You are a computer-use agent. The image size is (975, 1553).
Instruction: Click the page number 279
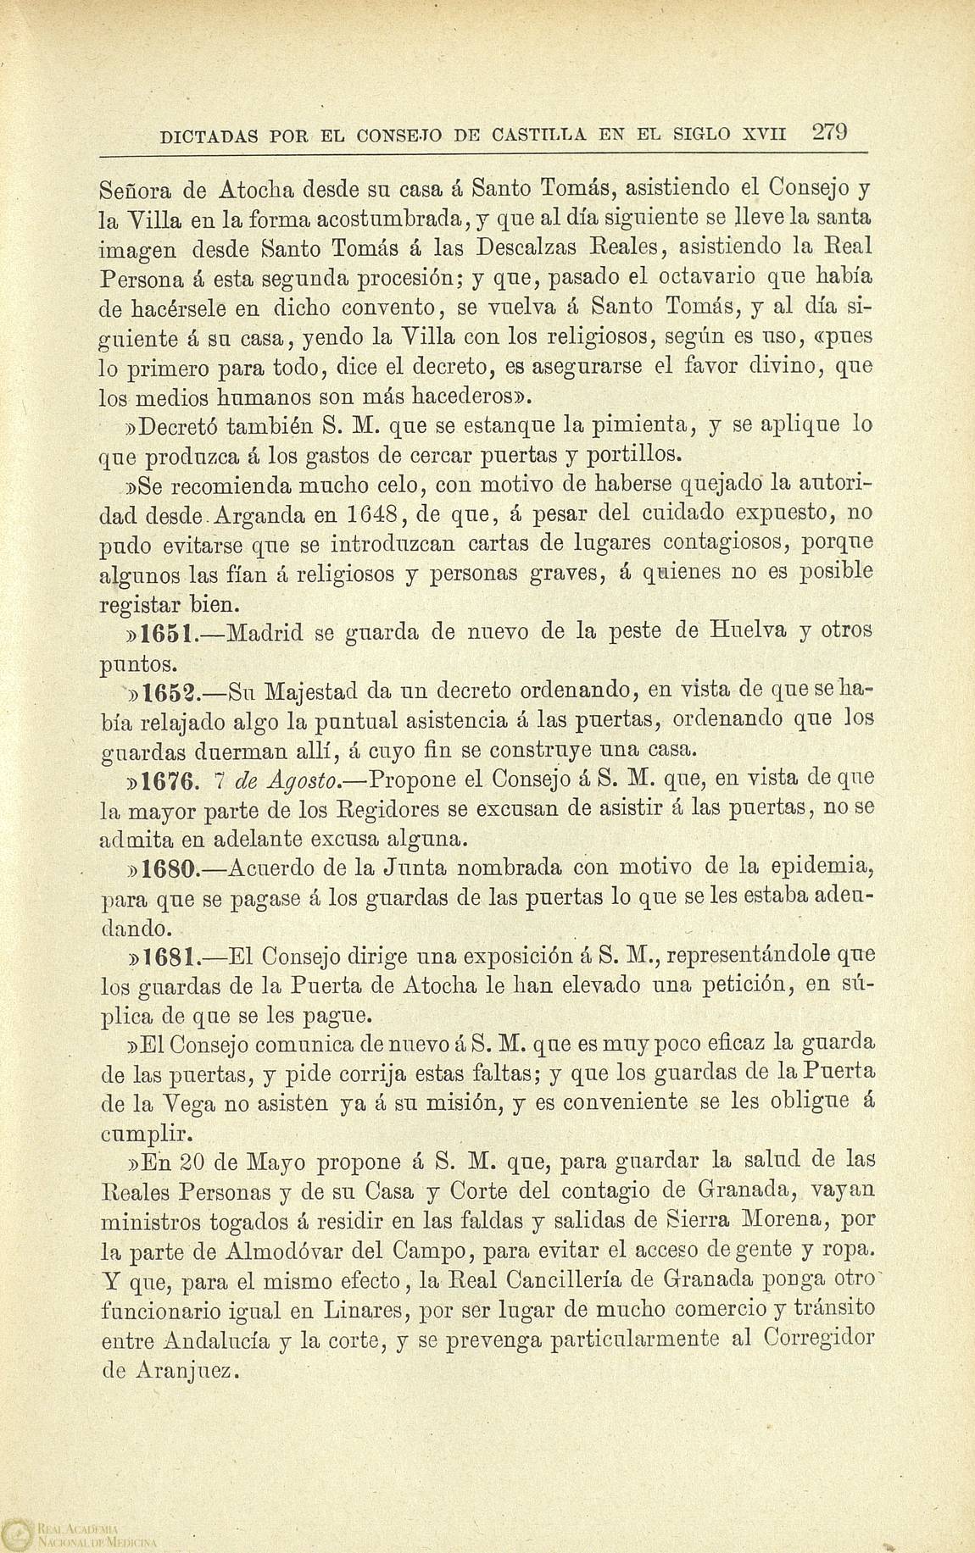pos(830,132)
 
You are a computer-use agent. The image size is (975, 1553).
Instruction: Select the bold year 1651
pos(171,631)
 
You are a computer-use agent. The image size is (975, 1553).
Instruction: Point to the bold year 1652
pos(171,691)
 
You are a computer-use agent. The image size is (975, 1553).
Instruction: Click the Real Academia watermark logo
pos(17,1533)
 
